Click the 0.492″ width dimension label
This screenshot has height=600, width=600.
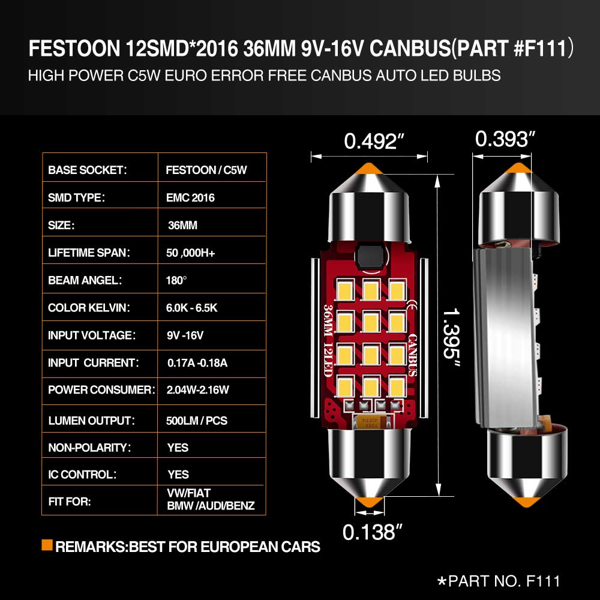tap(374, 141)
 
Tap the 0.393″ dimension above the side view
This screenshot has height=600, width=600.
tap(505, 139)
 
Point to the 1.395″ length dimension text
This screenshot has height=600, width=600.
tap(451, 337)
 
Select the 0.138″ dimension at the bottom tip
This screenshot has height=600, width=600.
tap(373, 532)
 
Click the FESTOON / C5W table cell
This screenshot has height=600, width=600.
tap(206, 170)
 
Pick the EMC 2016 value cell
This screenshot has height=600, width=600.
tap(190, 197)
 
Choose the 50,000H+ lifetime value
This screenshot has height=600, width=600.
tap(191, 253)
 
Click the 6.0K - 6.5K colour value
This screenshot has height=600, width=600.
tap(192, 308)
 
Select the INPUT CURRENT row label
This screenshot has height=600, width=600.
tap(94, 363)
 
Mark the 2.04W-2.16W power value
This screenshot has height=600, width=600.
tap(197, 390)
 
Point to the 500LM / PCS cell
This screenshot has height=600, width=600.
tap(197, 421)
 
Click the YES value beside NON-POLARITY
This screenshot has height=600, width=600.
tap(178, 448)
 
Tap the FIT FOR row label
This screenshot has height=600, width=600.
tap(70, 502)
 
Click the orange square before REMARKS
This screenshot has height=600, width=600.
tap(47, 545)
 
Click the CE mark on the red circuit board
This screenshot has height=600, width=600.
tap(412, 307)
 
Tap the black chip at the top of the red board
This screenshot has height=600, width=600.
tap(370, 256)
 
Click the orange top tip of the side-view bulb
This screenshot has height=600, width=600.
tap(518, 167)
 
